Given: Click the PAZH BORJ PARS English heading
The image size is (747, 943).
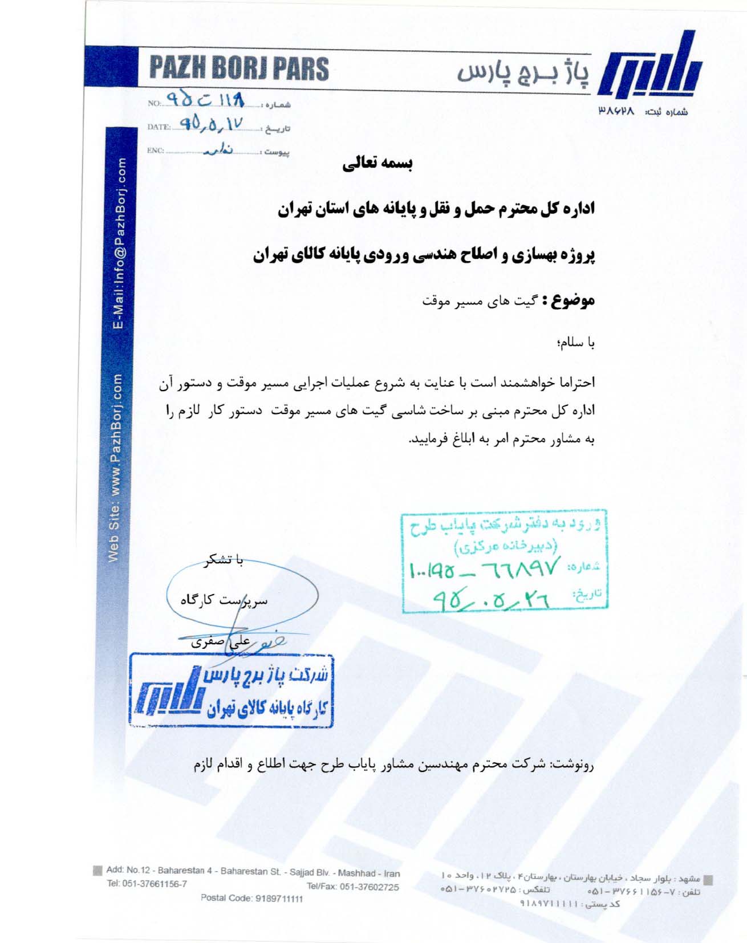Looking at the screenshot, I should point(239,68).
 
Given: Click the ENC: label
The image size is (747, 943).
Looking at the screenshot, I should point(155,151).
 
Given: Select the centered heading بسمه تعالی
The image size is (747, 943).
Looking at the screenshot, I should point(377,164).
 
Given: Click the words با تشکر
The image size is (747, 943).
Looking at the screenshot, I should point(224,560).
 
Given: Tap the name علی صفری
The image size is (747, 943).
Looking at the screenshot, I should point(221,641).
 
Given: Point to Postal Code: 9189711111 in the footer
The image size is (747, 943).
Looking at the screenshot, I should point(252,899).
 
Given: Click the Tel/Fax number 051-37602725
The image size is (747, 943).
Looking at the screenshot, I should point(352,887).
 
